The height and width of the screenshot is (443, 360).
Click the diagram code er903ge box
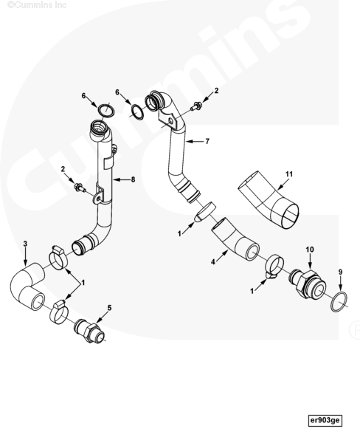[x=325, y=420]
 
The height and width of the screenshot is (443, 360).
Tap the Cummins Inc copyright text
[x=37, y=5]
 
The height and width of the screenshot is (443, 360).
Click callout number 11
[x=289, y=174]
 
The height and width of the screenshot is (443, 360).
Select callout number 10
[x=310, y=250]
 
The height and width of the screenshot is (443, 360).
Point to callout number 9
[x=341, y=272]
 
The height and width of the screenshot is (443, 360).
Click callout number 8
[x=133, y=179]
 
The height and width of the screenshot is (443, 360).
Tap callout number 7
[x=207, y=141]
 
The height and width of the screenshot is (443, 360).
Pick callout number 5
[x=110, y=308]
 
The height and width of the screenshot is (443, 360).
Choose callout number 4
[x=213, y=262]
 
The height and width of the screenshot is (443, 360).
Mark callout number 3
[x=25, y=244]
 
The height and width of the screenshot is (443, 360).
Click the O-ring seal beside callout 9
[x=339, y=301]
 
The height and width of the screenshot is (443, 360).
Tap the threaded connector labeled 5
[x=89, y=331]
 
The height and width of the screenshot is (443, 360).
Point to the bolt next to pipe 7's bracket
[x=196, y=106]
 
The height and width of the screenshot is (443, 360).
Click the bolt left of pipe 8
[x=80, y=188]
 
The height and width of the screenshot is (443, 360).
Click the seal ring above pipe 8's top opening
[x=106, y=110]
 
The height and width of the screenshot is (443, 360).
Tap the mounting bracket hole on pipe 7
[x=170, y=121]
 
